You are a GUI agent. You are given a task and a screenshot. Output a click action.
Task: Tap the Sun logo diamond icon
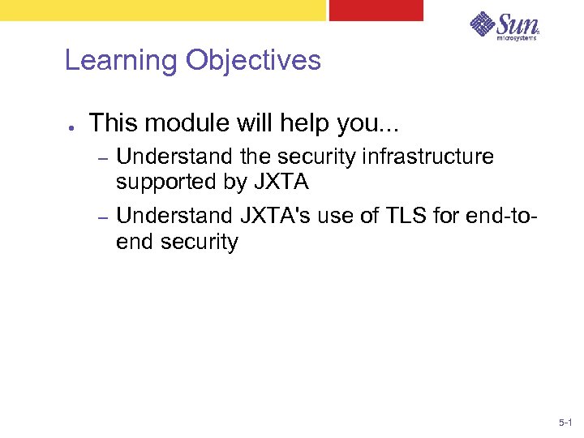483,24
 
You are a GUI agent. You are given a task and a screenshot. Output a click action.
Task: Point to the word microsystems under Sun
517,37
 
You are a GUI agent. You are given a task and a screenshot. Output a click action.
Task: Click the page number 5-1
565,423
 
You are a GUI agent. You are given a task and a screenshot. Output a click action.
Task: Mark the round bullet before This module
72,127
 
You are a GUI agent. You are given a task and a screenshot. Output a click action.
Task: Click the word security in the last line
198,243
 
